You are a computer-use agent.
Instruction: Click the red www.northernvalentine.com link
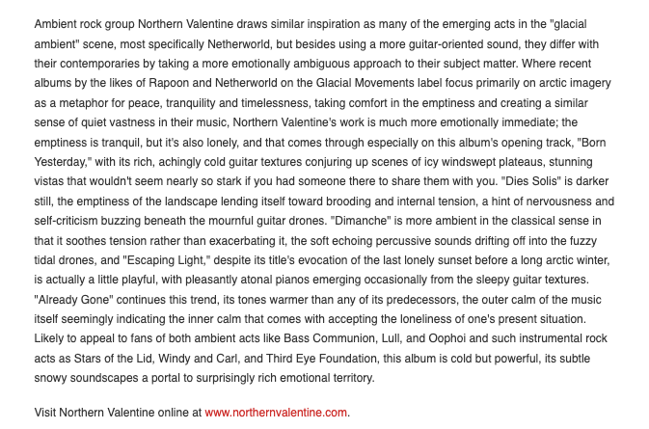point(276,412)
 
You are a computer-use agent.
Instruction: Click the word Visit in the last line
point(46,412)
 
